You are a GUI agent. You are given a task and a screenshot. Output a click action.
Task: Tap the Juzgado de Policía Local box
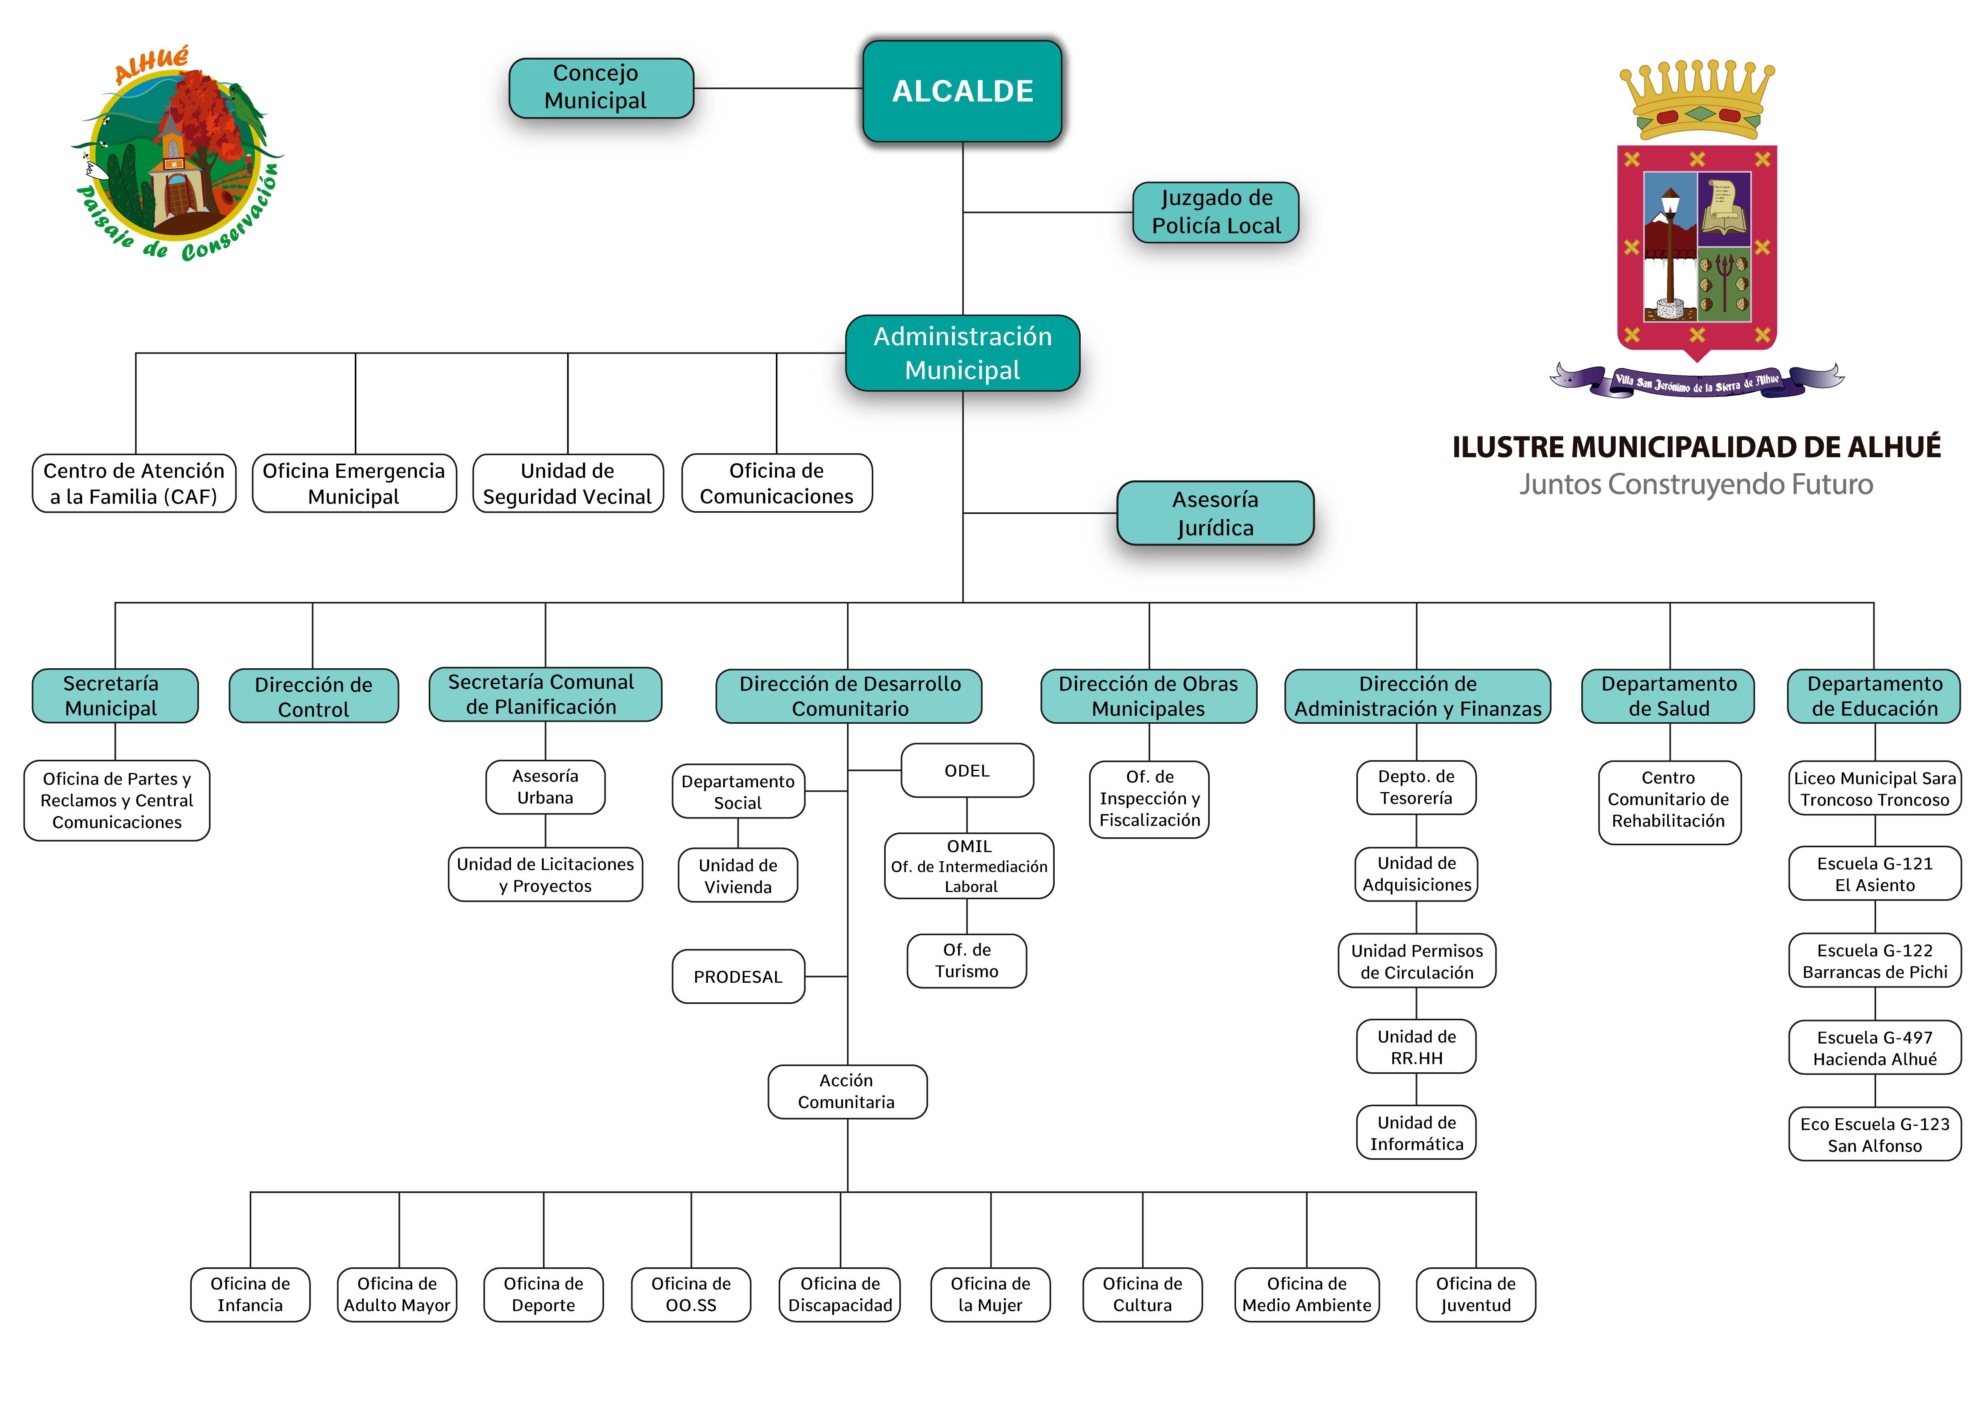coord(1215,211)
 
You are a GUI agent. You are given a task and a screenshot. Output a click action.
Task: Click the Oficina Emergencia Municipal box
coord(354,484)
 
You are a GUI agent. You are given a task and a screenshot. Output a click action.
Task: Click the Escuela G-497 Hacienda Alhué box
coord(1874,1048)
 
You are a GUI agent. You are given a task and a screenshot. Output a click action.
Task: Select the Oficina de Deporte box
coord(543,1294)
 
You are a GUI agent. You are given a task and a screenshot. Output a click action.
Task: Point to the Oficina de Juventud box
coord(1475,1294)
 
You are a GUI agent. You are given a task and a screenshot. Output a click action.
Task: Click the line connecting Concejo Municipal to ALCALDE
coord(784,88)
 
